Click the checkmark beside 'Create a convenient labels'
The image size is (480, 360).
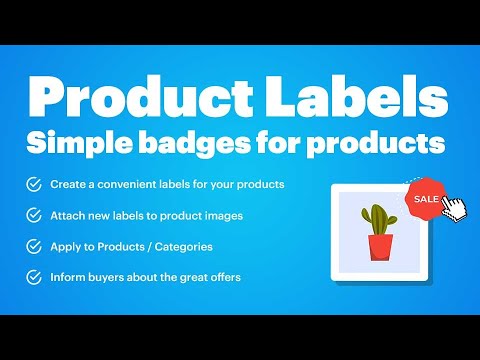(x=34, y=184)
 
